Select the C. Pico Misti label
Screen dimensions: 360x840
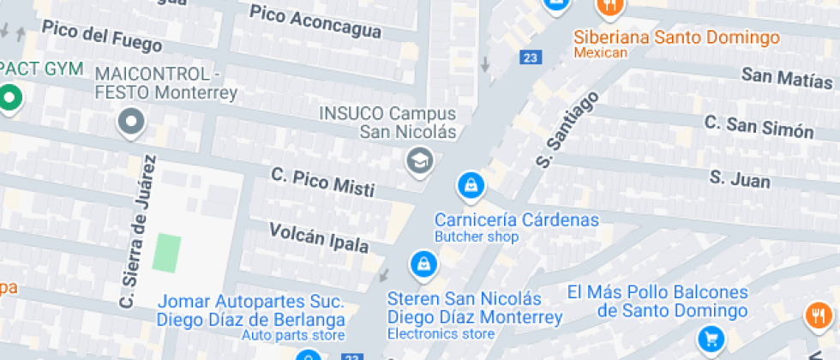321,182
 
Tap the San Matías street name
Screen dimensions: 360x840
787,78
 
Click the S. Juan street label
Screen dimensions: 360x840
740,178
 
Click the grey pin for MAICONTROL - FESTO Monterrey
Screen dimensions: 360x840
131,122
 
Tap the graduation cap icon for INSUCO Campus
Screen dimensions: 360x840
419,159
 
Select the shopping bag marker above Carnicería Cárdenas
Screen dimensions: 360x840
470,183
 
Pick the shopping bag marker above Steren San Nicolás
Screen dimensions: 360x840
423,263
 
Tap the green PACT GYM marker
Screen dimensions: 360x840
10,98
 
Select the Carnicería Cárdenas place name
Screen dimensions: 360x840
516,219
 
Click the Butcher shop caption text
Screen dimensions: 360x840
477,237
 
